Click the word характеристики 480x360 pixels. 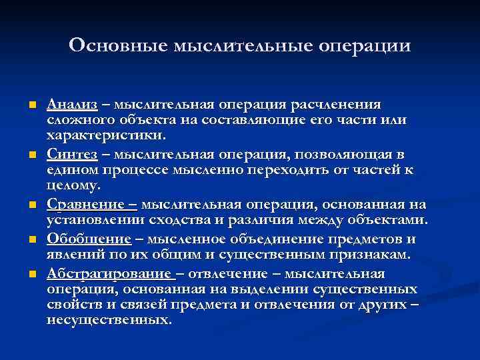click(103, 135)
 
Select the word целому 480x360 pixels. click(73, 185)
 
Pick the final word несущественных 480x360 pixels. click(109, 319)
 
